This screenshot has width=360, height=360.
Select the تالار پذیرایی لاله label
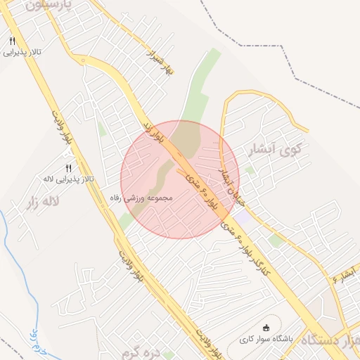click(69, 180)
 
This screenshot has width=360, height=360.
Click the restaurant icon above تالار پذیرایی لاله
click(68, 168)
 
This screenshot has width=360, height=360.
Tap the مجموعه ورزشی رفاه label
click(148, 198)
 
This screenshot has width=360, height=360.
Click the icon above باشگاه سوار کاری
click(266, 328)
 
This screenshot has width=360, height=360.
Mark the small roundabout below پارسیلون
click(84, 60)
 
